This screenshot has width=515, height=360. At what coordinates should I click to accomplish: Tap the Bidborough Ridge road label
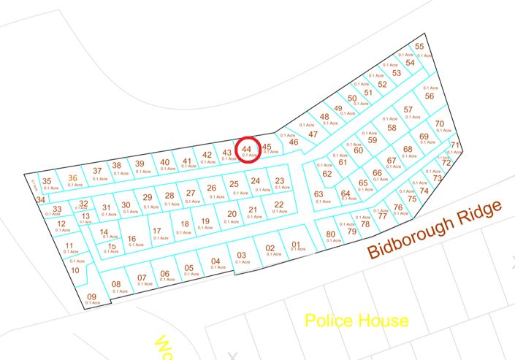pyautogui.click(x=435, y=229)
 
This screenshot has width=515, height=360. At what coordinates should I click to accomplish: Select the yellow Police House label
pyautogui.click(x=356, y=320)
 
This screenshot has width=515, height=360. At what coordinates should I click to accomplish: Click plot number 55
pyautogui.click(x=419, y=47)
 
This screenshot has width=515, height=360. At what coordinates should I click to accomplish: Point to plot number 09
pyautogui.click(x=91, y=296)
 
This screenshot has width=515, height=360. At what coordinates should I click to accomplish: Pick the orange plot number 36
pyautogui.click(x=72, y=177)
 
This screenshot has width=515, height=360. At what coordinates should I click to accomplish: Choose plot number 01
pyautogui.click(x=296, y=245)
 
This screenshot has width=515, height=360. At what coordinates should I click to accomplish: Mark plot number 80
pyautogui.click(x=330, y=234)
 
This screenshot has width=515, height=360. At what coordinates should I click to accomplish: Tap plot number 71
pyautogui.click(x=454, y=145)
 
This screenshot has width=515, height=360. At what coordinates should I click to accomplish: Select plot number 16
pyautogui.click(x=131, y=239)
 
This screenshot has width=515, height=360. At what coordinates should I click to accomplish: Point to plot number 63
pyautogui.click(x=318, y=194)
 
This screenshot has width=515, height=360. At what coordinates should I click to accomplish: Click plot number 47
pyautogui.click(x=313, y=134)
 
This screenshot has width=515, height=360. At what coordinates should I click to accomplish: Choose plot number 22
pyautogui.click(x=278, y=204)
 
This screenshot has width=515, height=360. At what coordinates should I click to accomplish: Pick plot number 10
pyautogui.click(x=75, y=270)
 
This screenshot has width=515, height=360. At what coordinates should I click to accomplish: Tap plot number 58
pyautogui.click(x=392, y=127)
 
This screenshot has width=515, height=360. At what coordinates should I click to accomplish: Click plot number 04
pyautogui.click(x=215, y=261)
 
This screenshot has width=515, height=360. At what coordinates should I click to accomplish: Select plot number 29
pyautogui.click(x=147, y=197)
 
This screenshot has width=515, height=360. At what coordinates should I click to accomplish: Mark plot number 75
pyautogui.click(x=412, y=199)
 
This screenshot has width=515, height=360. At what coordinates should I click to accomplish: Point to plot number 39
pyautogui.click(x=140, y=164)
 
